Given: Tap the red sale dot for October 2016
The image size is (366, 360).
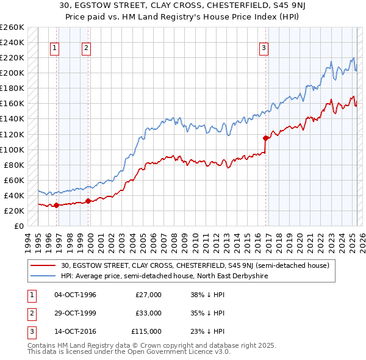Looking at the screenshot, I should pyautogui.click(x=265, y=138).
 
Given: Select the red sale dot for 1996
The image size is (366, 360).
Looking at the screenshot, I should pyautogui.click(x=56, y=205).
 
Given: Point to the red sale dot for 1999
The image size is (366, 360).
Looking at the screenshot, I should pyautogui.click(x=88, y=200).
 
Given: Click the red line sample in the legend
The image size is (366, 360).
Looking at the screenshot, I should pyautogui.click(x=44, y=265).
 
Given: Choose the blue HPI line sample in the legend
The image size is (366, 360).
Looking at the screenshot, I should pyautogui.click(x=44, y=276).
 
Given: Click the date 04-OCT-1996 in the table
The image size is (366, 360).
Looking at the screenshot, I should pyautogui.click(x=76, y=295).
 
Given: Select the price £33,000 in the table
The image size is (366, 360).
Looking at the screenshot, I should pyautogui.click(x=148, y=313).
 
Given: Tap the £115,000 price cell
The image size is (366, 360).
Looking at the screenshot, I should pyautogui.click(x=147, y=331).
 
